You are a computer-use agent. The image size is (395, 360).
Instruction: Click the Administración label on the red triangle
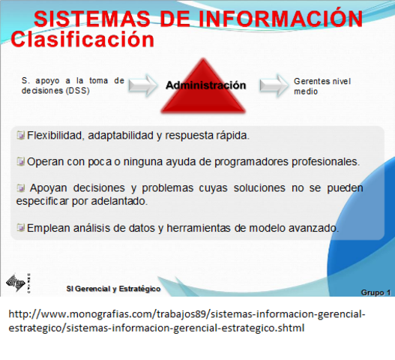[x=205, y=85]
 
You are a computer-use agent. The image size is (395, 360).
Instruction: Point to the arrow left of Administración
[x=142, y=85]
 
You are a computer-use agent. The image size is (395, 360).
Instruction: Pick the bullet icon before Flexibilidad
[x=21, y=136]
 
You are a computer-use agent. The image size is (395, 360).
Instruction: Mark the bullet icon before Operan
[x=21, y=160]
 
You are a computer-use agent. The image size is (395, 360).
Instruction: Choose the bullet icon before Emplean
[x=21, y=228]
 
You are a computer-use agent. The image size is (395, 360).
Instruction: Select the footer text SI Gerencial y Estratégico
[x=113, y=289]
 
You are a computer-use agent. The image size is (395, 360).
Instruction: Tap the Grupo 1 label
[x=376, y=292]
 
